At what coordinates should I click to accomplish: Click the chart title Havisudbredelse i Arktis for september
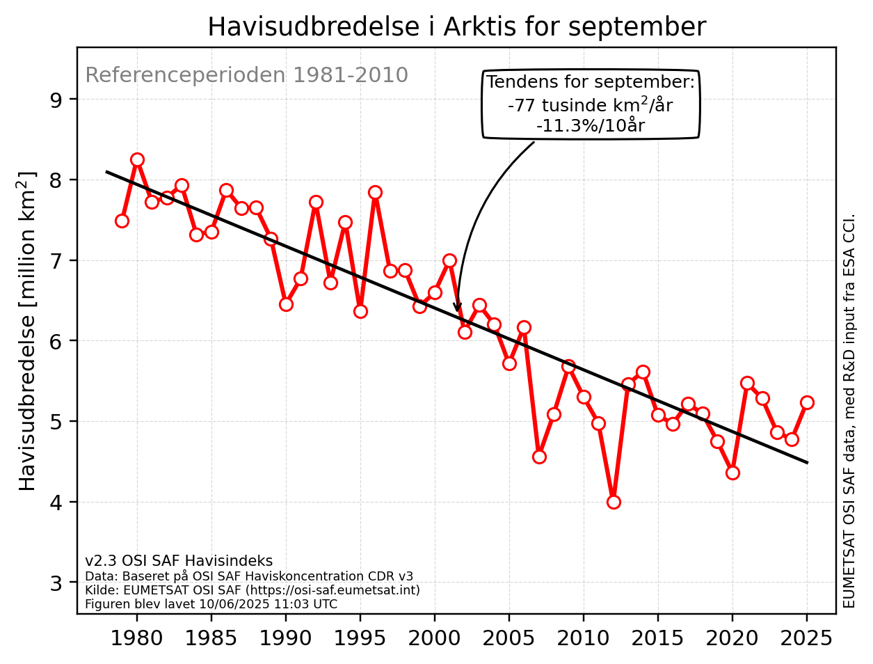pyautogui.click(x=456, y=27)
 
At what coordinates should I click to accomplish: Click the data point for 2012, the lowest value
pyautogui.click(x=614, y=502)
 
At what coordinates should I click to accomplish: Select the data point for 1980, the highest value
pyautogui.click(x=137, y=159)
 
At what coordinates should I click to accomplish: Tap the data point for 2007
pyautogui.click(x=539, y=457)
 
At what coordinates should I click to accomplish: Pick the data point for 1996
pyautogui.click(x=375, y=192)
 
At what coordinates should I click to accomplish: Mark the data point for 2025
pyautogui.click(x=807, y=402)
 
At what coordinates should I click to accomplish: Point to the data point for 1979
pyautogui.click(x=122, y=221)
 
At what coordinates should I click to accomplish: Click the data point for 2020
pyautogui.click(x=732, y=473)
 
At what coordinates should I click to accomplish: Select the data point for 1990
pyautogui.click(x=286, y=304)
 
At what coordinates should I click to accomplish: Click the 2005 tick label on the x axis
pyautogui.click(x=509, y=638)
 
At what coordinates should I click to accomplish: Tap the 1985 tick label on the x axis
pyautogui.click(x=211, y=638)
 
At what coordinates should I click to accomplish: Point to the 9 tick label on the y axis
pyautogui.click(x=56, y=100)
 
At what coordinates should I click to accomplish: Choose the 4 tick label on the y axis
pyautogui.click(x=56, y=502)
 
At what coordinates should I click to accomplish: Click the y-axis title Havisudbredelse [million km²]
pyautogui.click(x=26, y=331)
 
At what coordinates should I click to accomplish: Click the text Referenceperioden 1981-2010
pyautogui.click(x=246, y=75)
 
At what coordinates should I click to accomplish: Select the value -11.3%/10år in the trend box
pyautogui.click(x=590, y=126)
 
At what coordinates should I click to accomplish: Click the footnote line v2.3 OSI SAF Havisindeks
pyautogui.click(x=179, y=561)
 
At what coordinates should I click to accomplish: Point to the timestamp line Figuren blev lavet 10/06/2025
pyautogui.click(x=211, y=604)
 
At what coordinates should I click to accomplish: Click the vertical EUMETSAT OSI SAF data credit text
pyautogui.click(x=849, y=411)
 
